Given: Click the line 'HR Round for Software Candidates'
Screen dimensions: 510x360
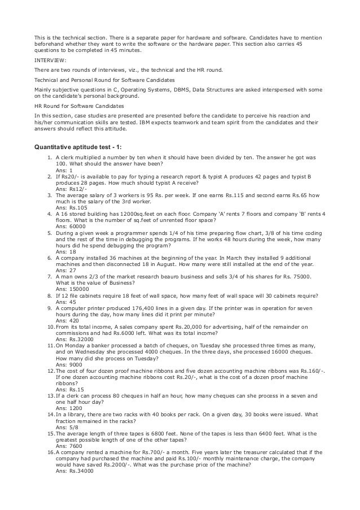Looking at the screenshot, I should click(x=79, y=106).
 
